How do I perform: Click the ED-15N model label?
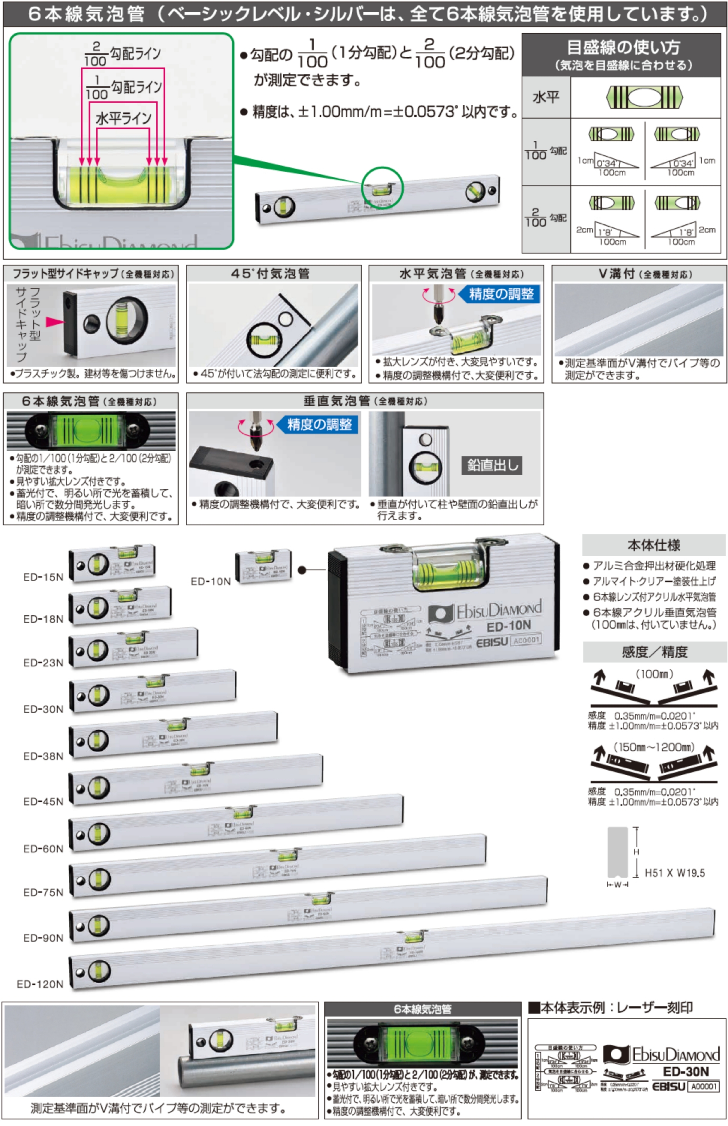(43, 577)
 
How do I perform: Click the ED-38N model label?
(43, 756)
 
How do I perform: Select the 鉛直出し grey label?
(492, 465)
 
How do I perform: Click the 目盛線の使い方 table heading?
(623, 47)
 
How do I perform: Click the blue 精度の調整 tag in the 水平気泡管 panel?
(501, 294)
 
